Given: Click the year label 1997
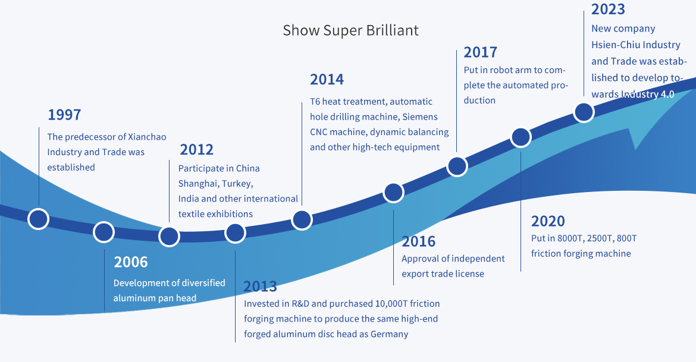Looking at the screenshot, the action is pos(64,115).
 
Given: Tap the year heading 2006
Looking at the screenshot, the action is pos(130,262).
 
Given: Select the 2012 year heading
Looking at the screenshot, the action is pos(197,150).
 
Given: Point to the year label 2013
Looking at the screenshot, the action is pos(260,286).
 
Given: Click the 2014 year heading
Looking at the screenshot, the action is pos(327,80).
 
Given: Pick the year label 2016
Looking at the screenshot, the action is pos(419,241).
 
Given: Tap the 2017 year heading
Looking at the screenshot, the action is pos(480,52).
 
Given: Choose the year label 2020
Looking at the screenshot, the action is pos(548,221).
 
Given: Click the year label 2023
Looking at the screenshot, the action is pos(608,9).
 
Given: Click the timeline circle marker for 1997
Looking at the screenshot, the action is pos(39,219).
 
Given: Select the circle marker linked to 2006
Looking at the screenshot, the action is pos(104,232).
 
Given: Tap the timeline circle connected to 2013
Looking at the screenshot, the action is pos(235,233).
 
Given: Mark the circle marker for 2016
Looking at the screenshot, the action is pos(393,193).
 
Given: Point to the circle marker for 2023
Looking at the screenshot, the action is pos(584,112).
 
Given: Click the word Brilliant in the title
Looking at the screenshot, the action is pos(393,30).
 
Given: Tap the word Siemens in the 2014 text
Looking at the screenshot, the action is pos(420,117).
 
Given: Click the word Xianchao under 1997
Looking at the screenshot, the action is pos(148,137).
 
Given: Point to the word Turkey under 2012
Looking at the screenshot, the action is pos(237,184).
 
